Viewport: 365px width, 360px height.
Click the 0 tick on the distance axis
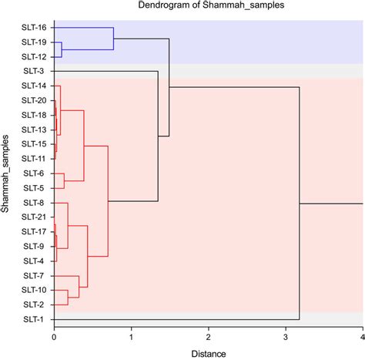point(54,337)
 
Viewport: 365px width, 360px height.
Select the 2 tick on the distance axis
point(208,337)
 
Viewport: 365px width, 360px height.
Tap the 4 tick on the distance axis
point(362,337)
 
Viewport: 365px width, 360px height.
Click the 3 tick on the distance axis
point(285,337)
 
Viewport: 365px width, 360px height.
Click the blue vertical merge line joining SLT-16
point(113,39)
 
